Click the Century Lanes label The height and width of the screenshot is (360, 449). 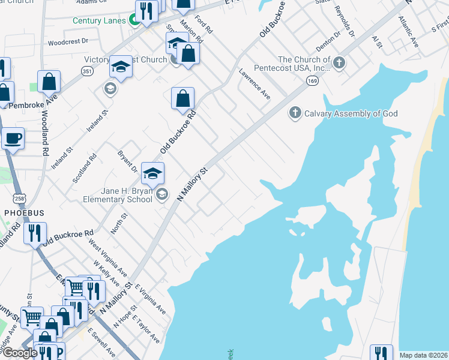click(99, 20)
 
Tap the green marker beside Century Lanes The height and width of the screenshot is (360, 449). click(135, 21)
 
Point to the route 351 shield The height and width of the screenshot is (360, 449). click(88, 71)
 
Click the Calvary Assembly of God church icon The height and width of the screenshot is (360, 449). click(295, 113)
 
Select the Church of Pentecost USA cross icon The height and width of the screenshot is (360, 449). click(339, 62)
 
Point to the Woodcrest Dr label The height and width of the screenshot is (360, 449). click(68, 42)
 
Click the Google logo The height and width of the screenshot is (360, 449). click(20, 353)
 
